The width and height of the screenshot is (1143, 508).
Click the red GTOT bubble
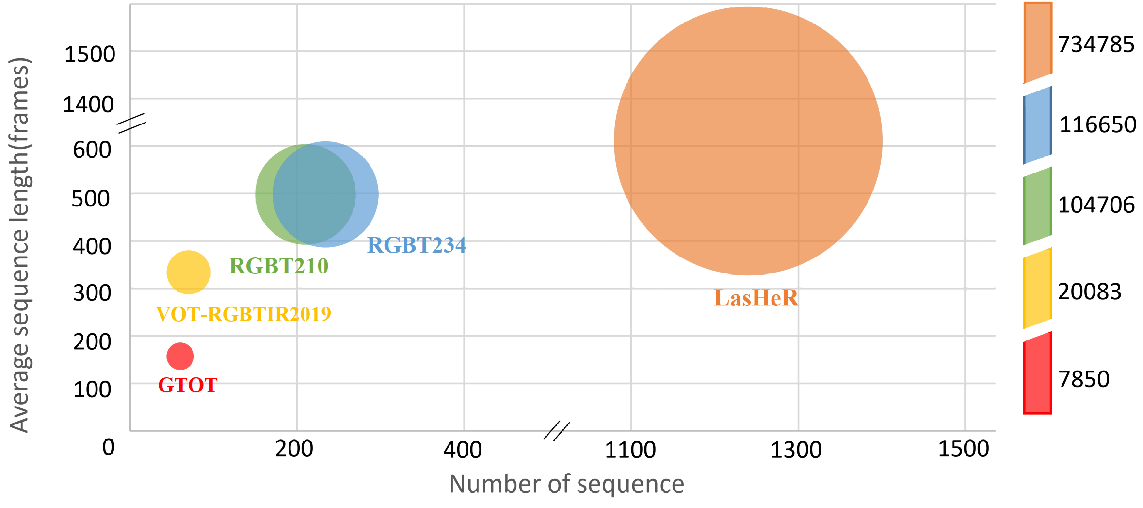(x=180, y=356)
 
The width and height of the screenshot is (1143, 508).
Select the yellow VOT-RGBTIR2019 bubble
(x=189, y=272)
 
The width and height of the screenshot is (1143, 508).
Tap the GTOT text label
(x=188, y=385)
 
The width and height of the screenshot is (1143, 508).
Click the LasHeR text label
(x=756, y=298)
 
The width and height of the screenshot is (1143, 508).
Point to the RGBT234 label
(x=417, y=245)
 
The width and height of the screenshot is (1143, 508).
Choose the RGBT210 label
(x=279, y=266)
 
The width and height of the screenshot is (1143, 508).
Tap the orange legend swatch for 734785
(x=1037, y=42)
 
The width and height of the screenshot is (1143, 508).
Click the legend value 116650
(x=1098, y=124)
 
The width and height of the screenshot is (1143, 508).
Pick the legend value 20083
(x=1090, y=292)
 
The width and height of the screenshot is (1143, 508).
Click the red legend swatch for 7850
(x=1037, y=373)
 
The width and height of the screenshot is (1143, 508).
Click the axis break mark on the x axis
(x=556, y=431)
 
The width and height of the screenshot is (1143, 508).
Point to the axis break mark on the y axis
(x=131, y=123)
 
